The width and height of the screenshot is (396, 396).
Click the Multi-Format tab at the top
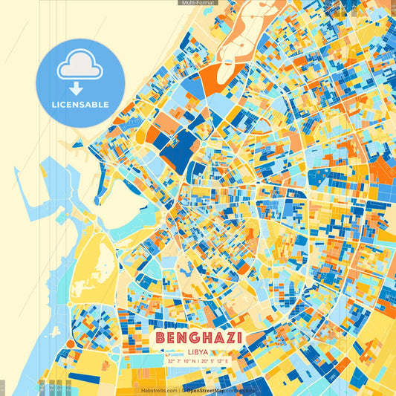click(x=198, y=3)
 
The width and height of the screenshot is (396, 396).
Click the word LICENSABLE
click(x=80, y=105)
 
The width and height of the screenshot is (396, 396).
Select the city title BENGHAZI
click(x=199, y=339)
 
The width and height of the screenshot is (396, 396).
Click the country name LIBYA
click(x=198, y=352)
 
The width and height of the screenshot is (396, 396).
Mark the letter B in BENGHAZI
click(x=162, y=339)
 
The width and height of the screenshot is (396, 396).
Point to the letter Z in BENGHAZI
click(x=227, y=339)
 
